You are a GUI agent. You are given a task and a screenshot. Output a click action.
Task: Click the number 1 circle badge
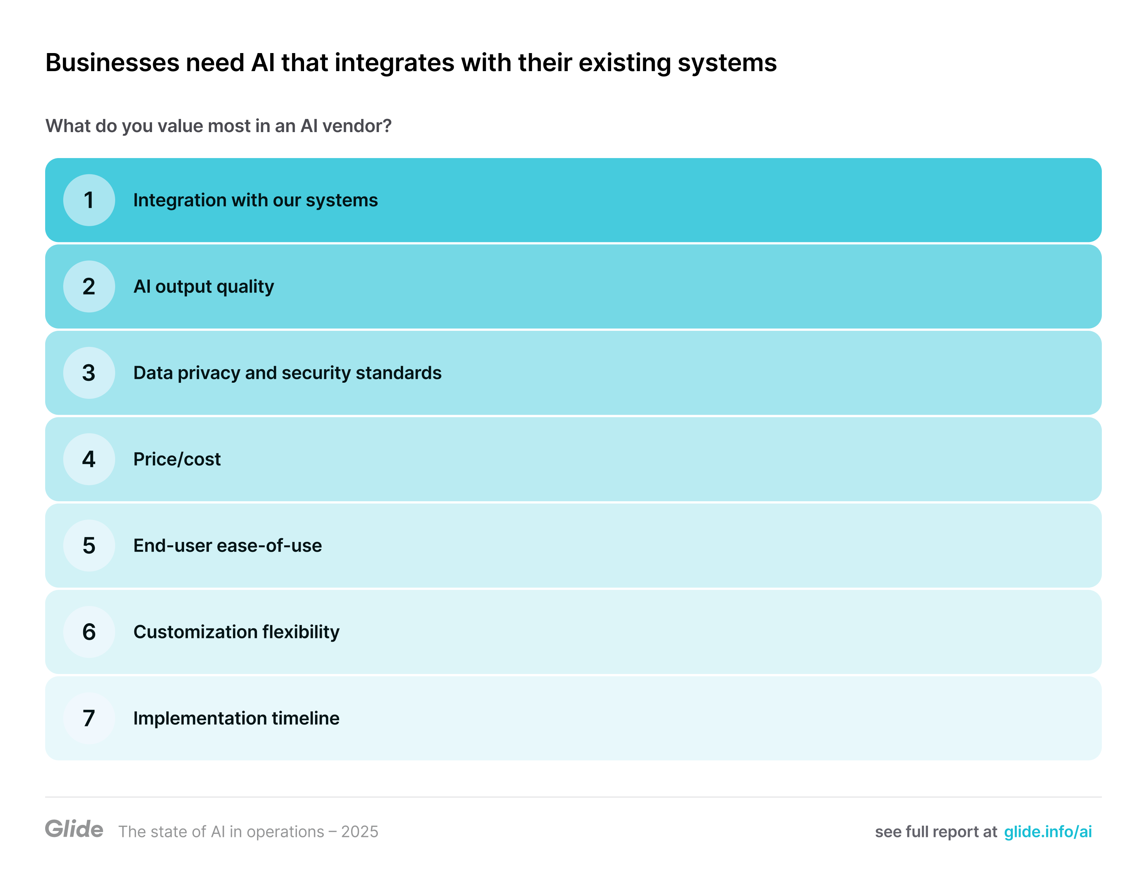click(89, 200)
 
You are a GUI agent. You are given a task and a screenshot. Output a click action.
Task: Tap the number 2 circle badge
click(89, 287)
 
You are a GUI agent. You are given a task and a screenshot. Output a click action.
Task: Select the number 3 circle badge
click(89, 373)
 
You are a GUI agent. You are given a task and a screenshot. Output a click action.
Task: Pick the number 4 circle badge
click(89, 459)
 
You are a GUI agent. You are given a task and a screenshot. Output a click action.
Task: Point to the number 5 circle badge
click(89, 546)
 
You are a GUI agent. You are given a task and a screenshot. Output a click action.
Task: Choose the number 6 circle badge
click(89, 632)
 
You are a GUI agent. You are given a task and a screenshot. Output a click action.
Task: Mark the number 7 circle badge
click(89, 718)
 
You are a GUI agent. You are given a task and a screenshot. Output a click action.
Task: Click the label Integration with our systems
click(255, 201)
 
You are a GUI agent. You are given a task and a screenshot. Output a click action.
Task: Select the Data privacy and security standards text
click(287, 373)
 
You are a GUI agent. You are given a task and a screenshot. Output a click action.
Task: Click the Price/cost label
click(177, 459)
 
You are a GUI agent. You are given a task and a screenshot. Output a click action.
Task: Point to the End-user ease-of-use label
click(227, 546)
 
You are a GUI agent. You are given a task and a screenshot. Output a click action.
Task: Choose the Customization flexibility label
click(236, 632)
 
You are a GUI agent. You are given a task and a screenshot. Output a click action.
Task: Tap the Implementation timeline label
click(236, 718)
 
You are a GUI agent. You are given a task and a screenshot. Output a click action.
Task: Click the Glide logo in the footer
click(74, 829)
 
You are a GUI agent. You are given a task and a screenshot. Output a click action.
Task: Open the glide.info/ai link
click(1048, 832)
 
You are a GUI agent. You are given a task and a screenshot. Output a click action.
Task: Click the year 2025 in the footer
click(360, 832)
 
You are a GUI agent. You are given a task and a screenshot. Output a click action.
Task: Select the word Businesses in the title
click(113, 62)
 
